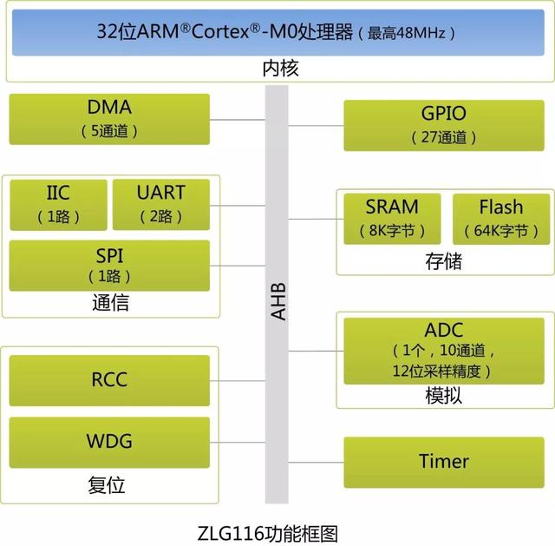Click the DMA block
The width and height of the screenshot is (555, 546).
click(109, 119)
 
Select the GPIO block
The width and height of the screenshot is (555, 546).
click(444, 124)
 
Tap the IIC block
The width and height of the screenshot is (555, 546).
click(58, 204)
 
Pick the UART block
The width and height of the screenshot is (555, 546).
click(161, 204)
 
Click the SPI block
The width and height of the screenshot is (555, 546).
click(109, 265)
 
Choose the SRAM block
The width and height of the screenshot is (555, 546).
click(392, 218)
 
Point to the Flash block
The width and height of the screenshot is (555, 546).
click(501, 218)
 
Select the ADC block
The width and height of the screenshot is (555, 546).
click(444, 350)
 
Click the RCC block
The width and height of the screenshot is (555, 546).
click(109, 379)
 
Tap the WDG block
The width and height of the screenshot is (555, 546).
click(109, 442)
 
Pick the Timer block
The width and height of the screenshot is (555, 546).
click(444, 461)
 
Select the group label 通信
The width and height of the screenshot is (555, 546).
click(110, 304)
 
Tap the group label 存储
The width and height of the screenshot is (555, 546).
click(444, 260)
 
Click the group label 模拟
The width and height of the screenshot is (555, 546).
click(444, 395)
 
